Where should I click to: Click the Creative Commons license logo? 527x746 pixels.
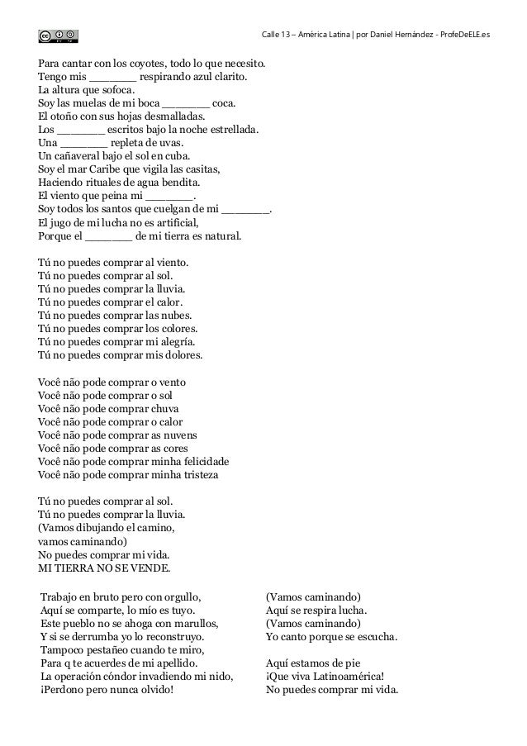click(x=59, y=35)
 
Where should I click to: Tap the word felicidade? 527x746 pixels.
click(x=201, y=461)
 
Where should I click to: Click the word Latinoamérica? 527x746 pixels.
click(x=345, y=677)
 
